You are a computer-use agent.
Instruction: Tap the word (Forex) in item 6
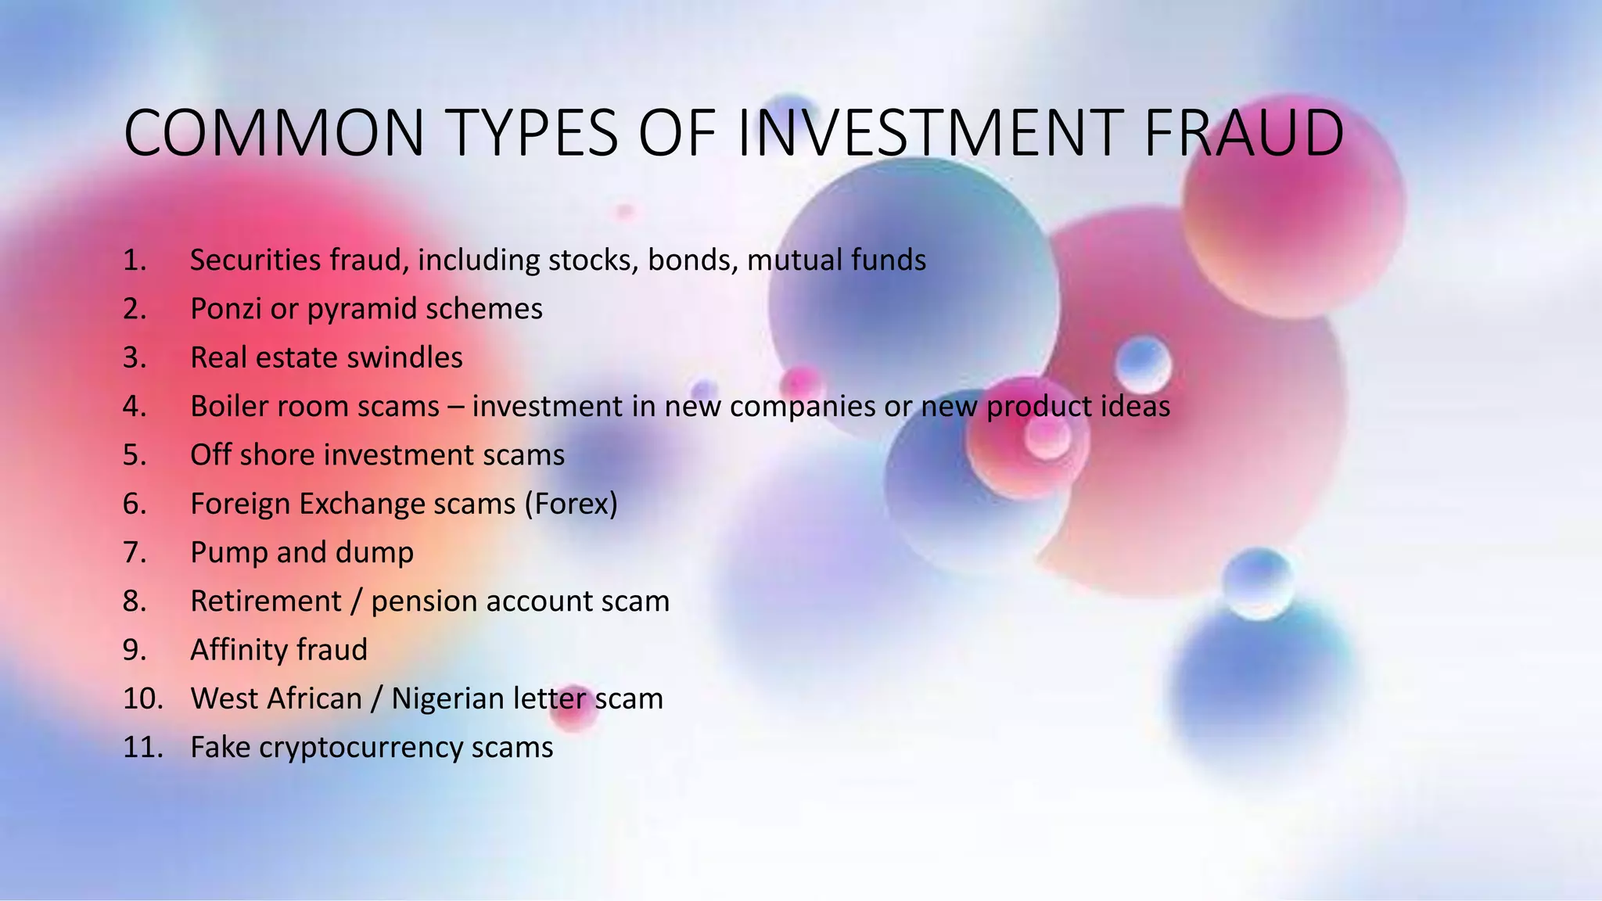click(x=571, y=504)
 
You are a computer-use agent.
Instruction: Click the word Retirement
click(x=266, y=601)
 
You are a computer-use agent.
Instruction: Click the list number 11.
click(x=142, y=748)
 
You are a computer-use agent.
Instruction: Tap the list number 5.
click(x=135, y=455)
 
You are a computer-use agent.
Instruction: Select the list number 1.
click(x=135, y=260)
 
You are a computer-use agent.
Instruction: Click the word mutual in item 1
click(x=795, y=260)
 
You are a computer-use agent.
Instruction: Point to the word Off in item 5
click(x=210, y=455)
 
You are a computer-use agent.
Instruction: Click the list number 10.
click(x=142, y=698)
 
